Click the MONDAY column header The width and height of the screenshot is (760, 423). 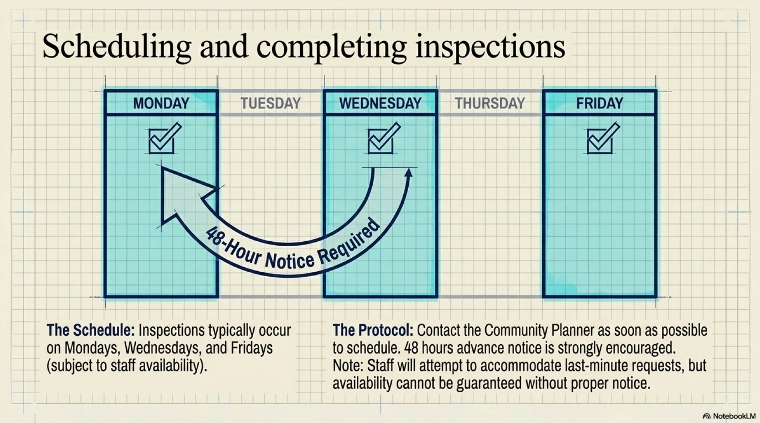[161, 103]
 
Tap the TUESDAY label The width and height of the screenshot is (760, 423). [271, 103]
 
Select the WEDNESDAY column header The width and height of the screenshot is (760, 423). [380, 103]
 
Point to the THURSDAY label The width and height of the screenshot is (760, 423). [490, 103]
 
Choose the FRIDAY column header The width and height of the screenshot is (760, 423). [600, 103]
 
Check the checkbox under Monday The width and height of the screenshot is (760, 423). [163, 139]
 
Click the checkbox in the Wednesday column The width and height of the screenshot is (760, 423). [382, 139]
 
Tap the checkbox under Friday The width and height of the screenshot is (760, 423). [601, 139]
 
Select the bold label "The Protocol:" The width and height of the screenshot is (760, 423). [373, 330]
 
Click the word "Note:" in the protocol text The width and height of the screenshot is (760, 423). [348, 365]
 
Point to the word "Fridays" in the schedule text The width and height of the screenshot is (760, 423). [252, 348]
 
